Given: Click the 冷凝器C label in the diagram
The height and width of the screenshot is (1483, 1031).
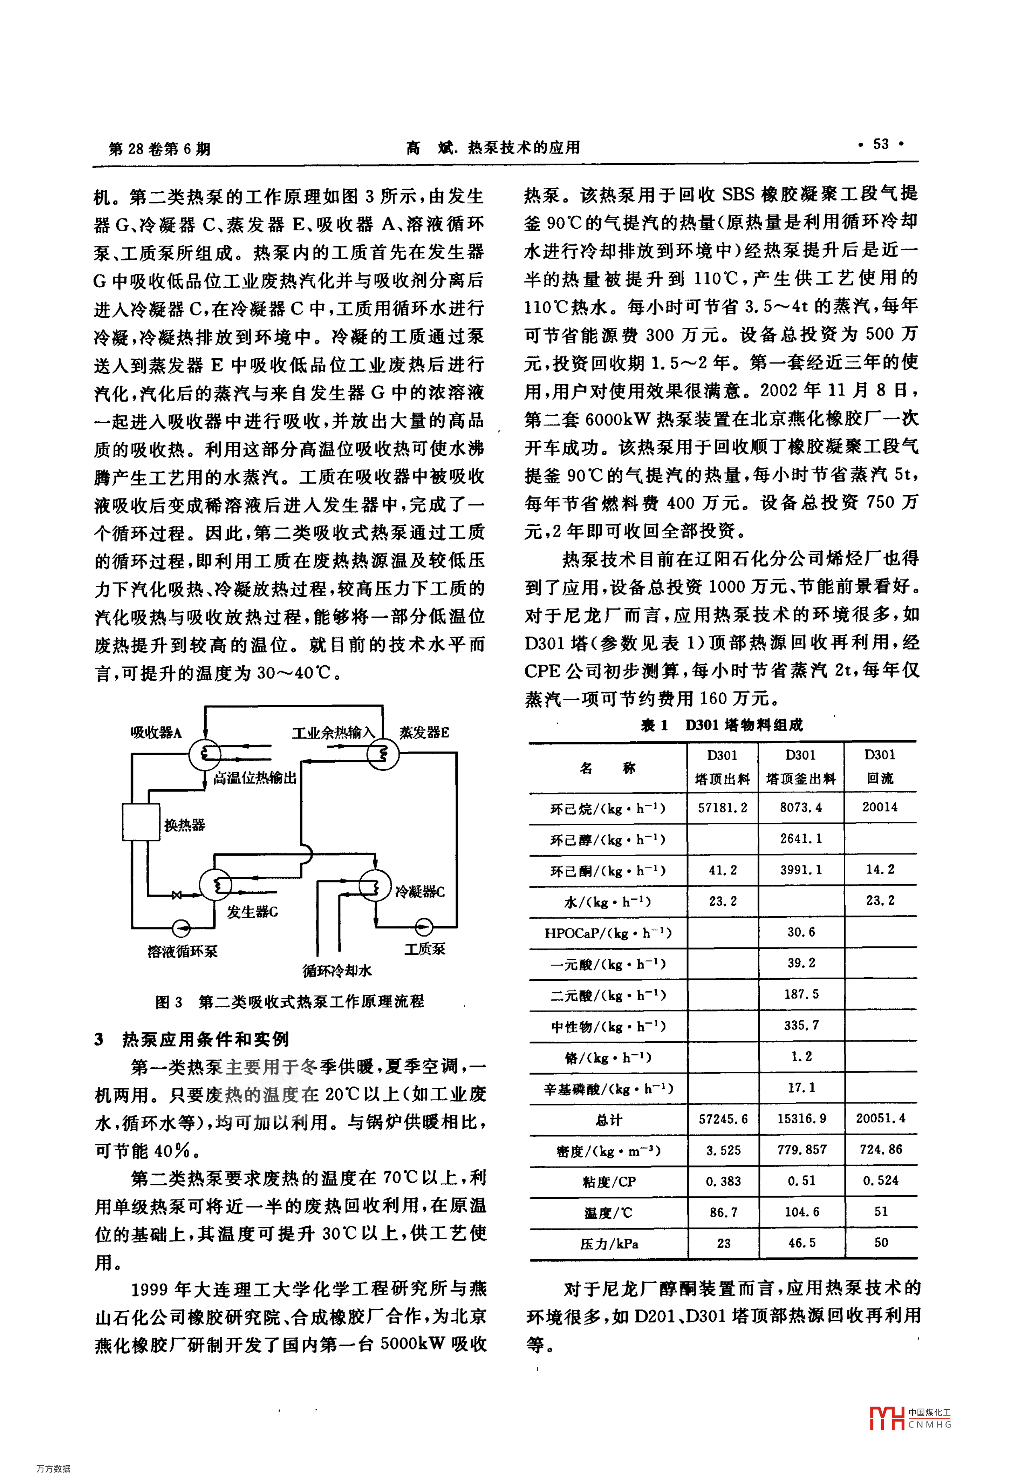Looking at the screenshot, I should click(x=420, y=892).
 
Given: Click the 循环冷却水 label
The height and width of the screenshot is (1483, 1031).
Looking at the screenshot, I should click(x=337, y=971).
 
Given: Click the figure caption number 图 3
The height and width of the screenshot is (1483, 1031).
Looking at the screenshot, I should click(x=169, y=1002).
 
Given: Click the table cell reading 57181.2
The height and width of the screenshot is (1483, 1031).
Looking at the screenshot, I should click(x=723, y=807).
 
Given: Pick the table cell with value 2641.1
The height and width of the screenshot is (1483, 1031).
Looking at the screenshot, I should click(x=801, y=839).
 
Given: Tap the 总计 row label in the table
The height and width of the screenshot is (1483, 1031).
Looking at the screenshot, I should click(x=609, y=1119).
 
